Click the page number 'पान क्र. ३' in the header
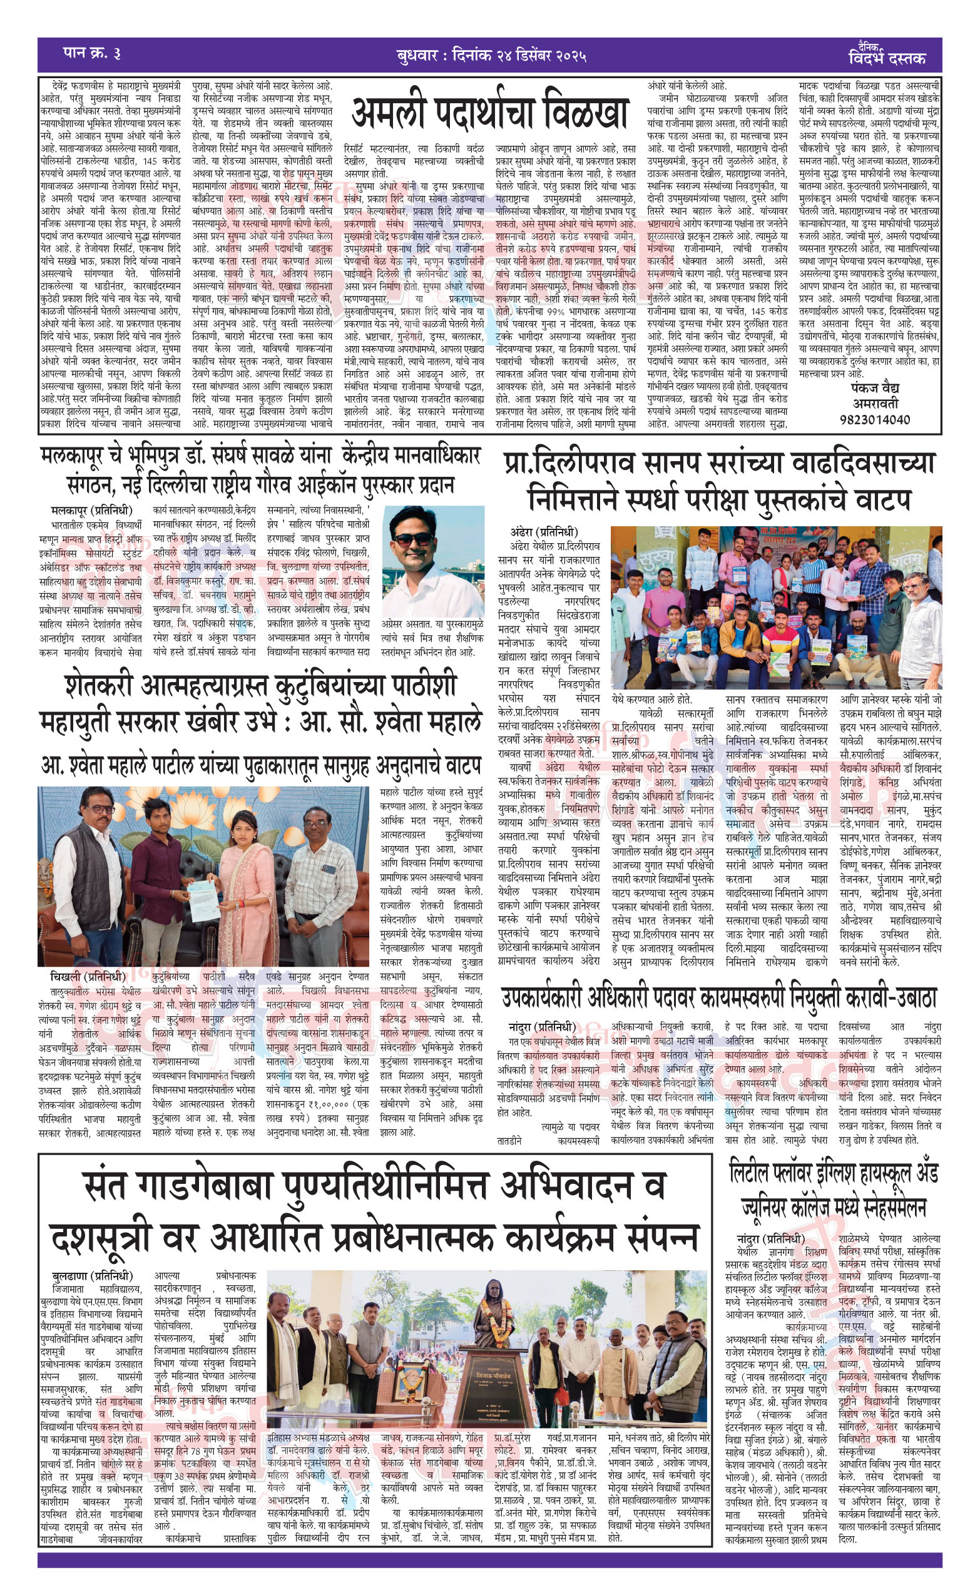tap(92, 53)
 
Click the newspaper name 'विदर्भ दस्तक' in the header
tap(887, 59)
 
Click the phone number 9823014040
tap(874, 420)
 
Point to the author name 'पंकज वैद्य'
tap(875, 389)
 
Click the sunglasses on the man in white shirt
tap(413, 539)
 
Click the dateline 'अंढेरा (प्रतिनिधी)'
tap(544, 533)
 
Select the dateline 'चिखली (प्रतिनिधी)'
tap(88, 976)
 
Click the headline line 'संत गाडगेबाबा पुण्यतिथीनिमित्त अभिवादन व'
tap(376, 1186)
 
